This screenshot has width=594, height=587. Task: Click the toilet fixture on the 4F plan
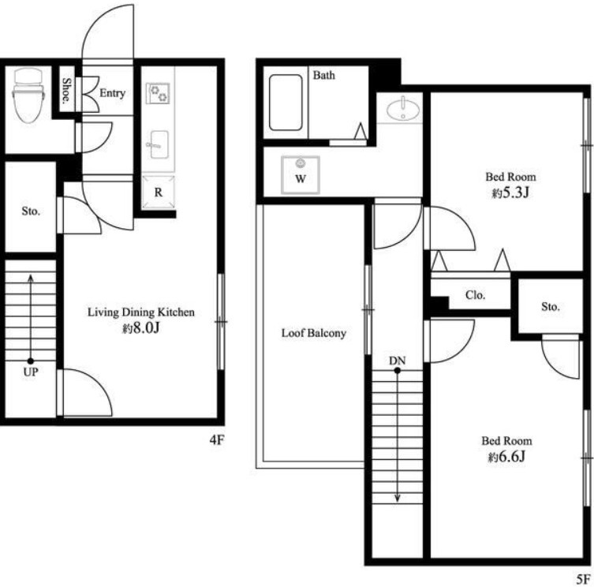point(28,95)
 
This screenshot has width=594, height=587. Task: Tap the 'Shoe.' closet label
point(67,91)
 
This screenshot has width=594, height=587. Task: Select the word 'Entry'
point(112,93)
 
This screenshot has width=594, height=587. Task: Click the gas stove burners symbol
point(158,93)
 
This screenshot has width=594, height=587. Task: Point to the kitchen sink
point(158,144)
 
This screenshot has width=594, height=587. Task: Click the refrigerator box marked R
point(159,193)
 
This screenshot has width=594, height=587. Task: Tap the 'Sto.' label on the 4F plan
point(31,211)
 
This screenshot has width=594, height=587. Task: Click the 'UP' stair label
point(31,372)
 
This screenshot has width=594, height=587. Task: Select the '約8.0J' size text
point(140,328)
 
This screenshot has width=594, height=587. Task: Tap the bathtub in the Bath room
point(286,103)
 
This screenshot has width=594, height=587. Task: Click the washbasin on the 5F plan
point(403,109)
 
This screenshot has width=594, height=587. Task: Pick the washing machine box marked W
point(301,175)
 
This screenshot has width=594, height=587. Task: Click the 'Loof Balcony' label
point(314,333)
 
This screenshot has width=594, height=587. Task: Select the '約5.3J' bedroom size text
point(510,193)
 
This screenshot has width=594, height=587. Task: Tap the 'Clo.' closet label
point(475,295)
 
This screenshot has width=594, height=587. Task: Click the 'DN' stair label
point(397,361)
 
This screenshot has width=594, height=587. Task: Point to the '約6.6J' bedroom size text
point(506,457)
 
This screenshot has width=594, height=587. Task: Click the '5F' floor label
point(584,578)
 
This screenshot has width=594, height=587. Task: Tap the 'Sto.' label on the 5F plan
point(551,307)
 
